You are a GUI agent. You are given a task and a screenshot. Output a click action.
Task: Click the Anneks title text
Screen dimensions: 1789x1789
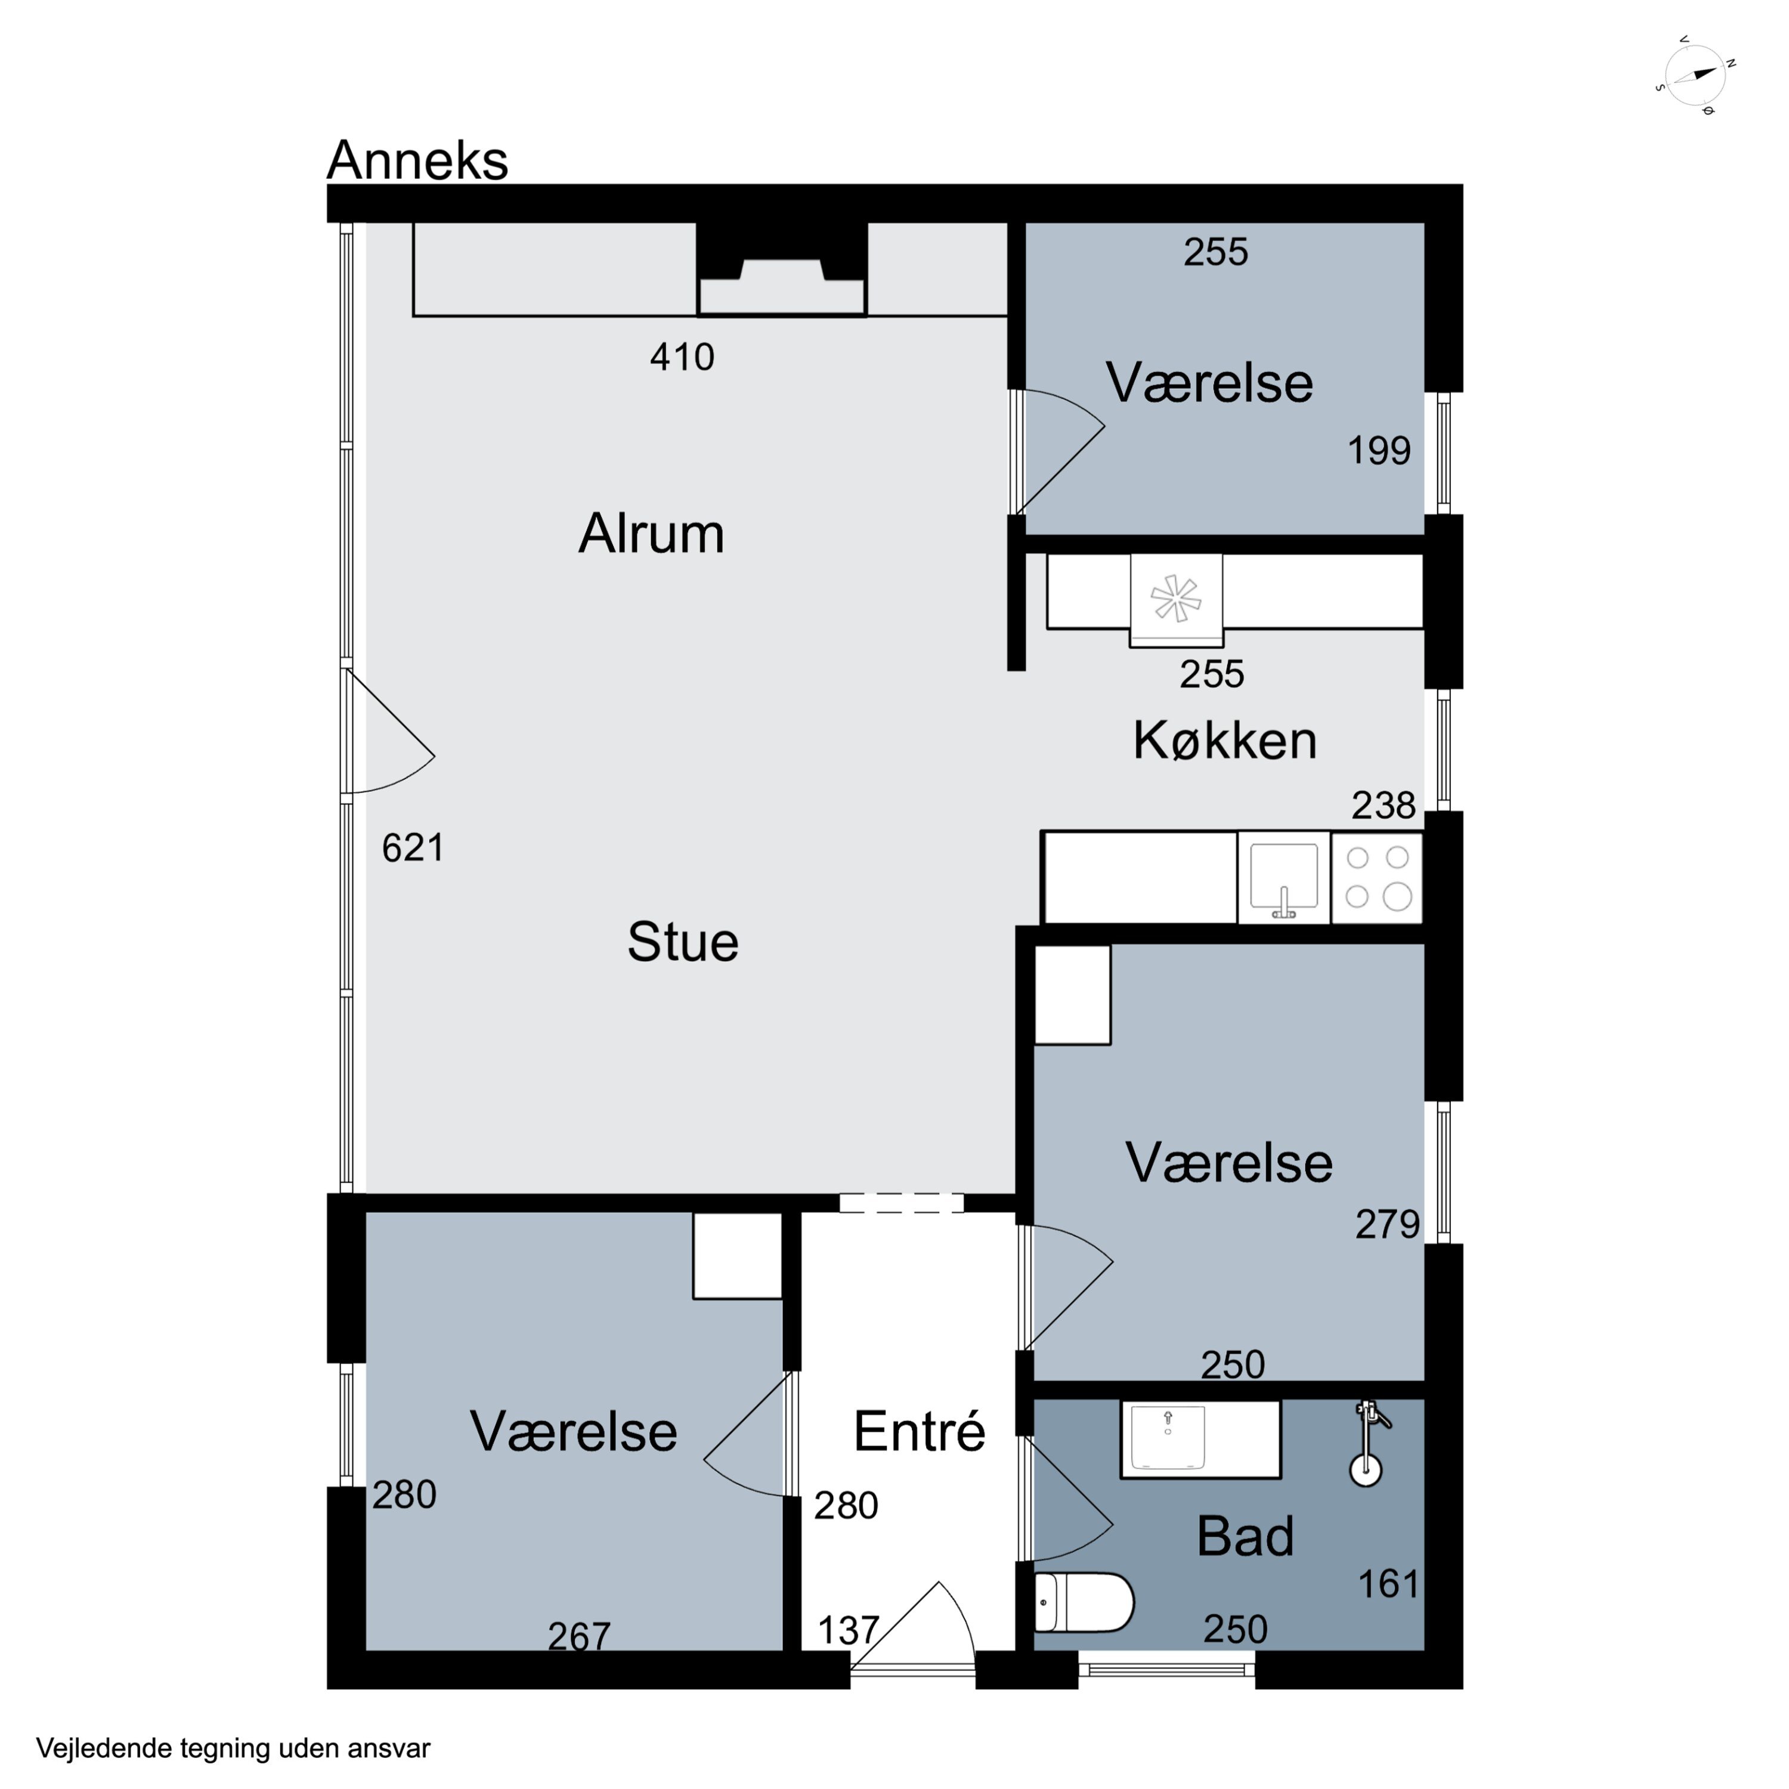[417, 160]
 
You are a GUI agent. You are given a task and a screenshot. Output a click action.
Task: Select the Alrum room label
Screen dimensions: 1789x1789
[651, 534]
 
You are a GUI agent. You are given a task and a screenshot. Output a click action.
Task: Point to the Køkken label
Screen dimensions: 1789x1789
[1225, 740]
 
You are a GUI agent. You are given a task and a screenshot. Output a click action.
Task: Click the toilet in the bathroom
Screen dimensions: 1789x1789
[1084, 1602]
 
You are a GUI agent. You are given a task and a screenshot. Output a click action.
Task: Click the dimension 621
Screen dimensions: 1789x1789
[413, 848]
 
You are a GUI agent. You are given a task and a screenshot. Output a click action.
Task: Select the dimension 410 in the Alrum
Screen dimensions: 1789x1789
[682, 357]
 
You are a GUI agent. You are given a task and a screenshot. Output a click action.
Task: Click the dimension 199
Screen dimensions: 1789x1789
[1379, 451]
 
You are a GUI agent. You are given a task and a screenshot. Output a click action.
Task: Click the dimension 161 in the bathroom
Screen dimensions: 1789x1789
[1388, 1584]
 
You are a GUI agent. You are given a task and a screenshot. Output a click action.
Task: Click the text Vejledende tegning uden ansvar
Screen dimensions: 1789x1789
[233, 1748]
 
